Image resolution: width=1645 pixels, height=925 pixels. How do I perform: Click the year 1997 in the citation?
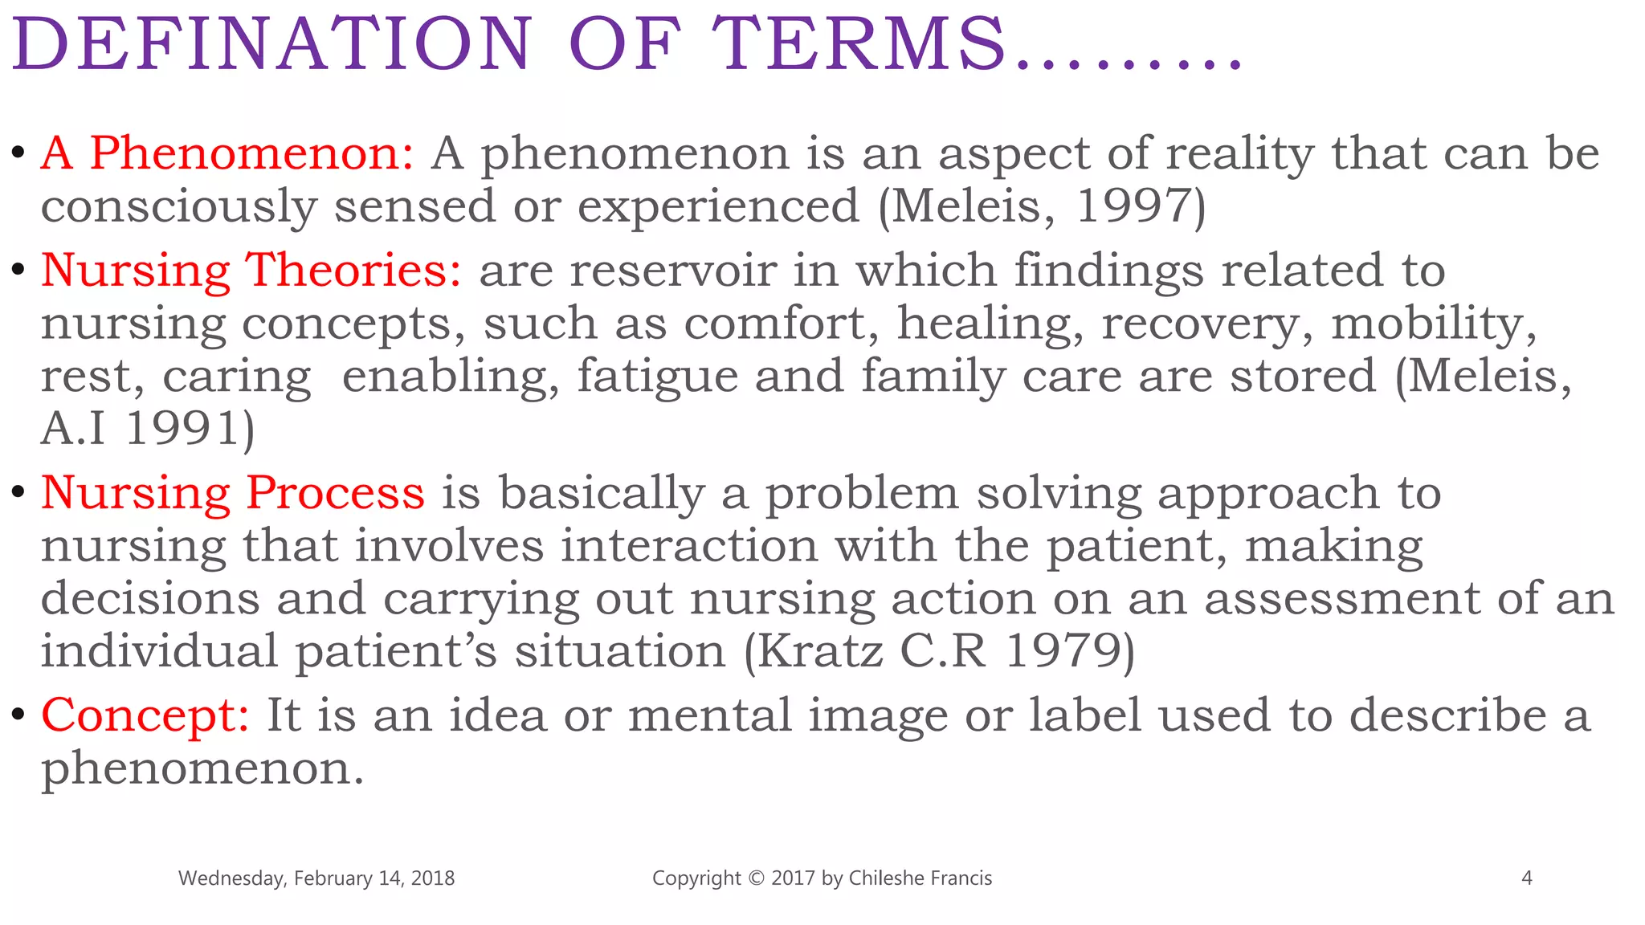tap(1133, 206)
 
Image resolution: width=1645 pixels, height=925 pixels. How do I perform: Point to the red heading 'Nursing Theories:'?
tap(251, 270)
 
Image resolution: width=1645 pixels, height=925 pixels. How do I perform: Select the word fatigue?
tap(658, 376)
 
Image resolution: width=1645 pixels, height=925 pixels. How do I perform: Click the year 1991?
tap(183, 428)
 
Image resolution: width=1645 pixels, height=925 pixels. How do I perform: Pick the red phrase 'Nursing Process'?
tap(233, 492)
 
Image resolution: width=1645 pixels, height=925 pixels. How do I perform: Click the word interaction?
tap(689, 545)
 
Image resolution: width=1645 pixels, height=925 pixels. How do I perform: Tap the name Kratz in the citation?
tap(820, 650)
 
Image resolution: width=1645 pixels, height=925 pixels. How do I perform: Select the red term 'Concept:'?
tap(145, 715)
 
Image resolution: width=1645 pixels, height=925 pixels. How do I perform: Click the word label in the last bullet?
tap(1084, 715)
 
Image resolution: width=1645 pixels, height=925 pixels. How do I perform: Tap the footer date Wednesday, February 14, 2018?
tap(316, 878)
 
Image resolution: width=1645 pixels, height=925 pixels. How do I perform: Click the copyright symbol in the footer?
tap(756, 878)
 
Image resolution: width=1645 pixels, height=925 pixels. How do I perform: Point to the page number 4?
tap(1527, 878)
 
